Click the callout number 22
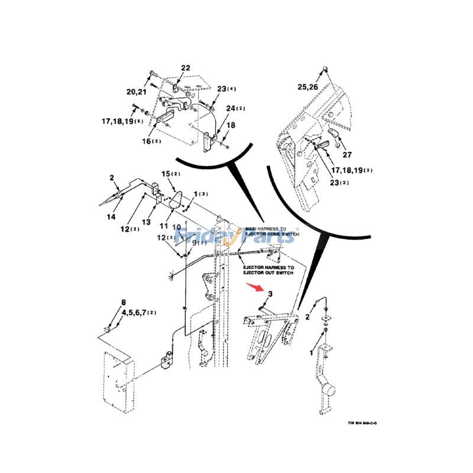[x=185, y=69]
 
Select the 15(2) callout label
[x=170, y=173]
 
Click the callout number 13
[x=146, y=221]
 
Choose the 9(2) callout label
[x=199, y=242]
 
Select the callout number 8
[x=124, y=302]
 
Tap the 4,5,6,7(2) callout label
[x=139, y=312]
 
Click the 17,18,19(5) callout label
[x=122, y=121]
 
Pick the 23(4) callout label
[x=226, y=89]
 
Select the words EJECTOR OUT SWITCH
[x=268, y=274]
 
